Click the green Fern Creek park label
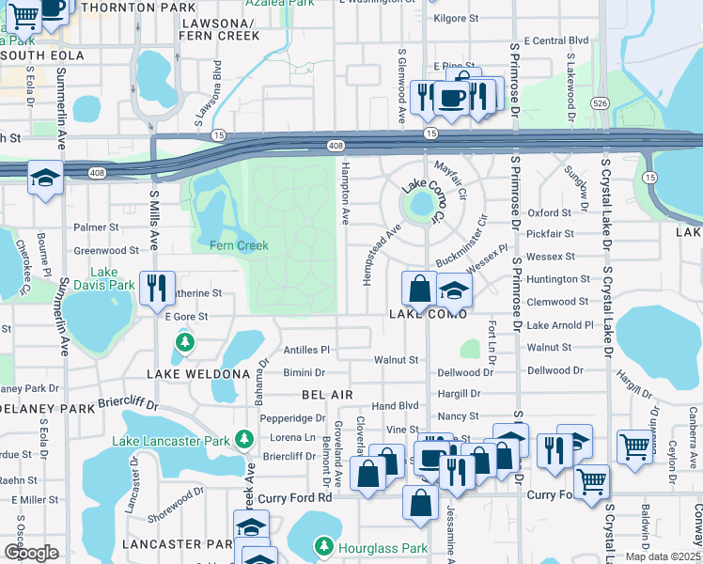pos(239,245)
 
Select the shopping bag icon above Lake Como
pos(419,288)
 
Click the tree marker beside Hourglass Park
pos(323,546)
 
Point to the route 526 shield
pos(599,102)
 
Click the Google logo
pos(31,553)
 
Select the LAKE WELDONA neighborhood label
pos(197,373)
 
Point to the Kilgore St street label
pos(456,18)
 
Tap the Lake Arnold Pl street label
pos(560,325)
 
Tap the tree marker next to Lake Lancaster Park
pos(244,439)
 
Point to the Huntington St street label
pos(558,279)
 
